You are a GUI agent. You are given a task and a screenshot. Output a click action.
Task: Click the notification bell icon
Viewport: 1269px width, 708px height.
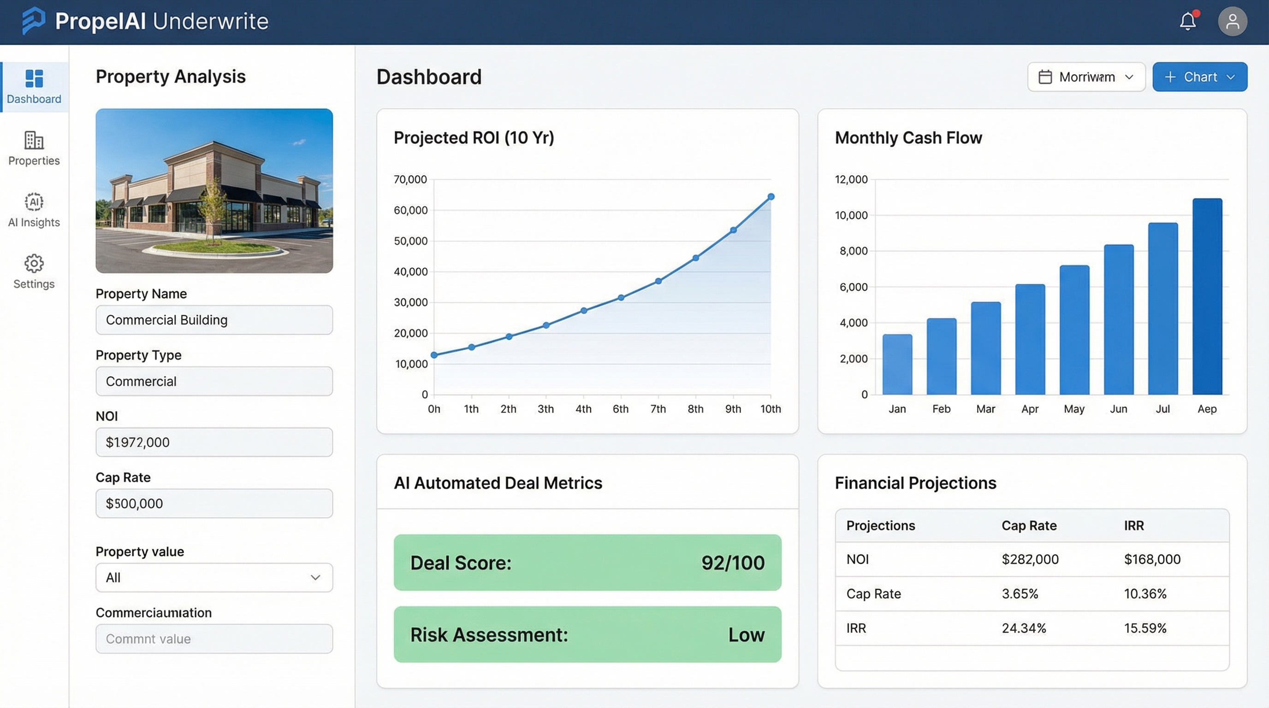click(x=1188, y=21)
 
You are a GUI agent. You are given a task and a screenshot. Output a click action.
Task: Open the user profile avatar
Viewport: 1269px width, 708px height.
click(x=1232, y=21)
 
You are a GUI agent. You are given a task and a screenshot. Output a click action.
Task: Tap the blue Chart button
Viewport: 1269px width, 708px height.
click(x=1199, y=77)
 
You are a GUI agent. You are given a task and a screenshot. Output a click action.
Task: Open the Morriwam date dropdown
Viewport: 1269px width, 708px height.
click(x=1086, y=77)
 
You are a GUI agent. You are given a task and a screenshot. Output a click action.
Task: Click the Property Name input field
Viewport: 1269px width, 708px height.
click(x=214, y=320)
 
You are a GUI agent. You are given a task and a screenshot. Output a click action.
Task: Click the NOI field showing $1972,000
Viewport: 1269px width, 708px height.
click(x=214, y=442)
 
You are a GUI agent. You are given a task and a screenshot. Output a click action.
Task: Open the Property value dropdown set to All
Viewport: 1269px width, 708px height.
click(x=214, y=578)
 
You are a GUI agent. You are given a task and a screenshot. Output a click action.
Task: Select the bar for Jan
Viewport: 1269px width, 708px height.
click(x=897, y=364)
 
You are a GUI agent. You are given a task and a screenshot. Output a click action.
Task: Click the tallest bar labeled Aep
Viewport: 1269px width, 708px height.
click(x=1207, y=296)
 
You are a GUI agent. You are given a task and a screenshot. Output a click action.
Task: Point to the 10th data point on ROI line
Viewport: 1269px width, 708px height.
click(x=771, y=197)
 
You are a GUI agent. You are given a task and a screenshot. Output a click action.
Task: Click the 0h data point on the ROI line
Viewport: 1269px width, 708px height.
click(x=434, y=355)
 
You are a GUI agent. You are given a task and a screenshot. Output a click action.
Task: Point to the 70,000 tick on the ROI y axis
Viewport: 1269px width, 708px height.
click(x=410, y=180)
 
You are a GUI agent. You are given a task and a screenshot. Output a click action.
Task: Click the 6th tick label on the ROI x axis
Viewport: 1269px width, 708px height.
click(x=620, y=409)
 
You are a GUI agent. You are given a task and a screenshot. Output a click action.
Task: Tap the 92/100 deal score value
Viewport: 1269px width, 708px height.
click(x=733, y=563)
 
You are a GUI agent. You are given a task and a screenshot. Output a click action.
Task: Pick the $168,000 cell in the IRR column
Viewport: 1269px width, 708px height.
click(x=1152, y=559)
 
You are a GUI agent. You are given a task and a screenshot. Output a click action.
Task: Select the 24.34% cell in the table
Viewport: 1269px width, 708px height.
click(x=1024, y=628)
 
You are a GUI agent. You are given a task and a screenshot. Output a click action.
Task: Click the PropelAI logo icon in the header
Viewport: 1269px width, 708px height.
click(x=34, y=21)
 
